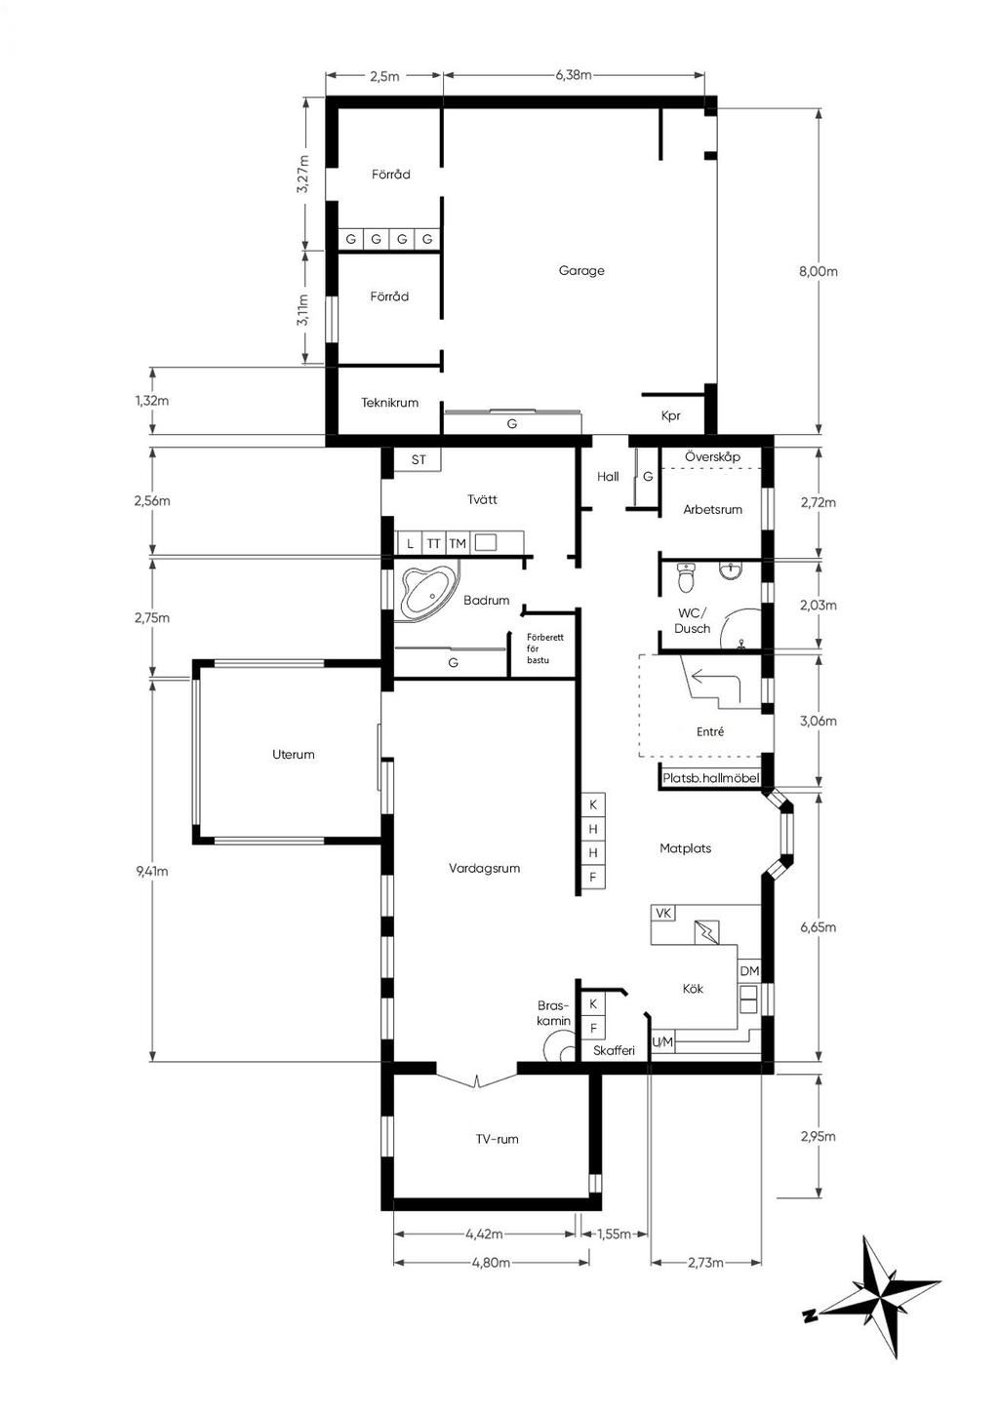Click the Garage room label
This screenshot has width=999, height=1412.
pyautogui.click(x=580, y=270)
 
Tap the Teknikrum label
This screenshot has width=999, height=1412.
pyautogui.click(x=390, y=402)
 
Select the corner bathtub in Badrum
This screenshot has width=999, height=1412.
pyautogui.click(x=427, y=590)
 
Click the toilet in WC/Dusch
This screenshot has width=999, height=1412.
pyautogui.click(x=684, y=576)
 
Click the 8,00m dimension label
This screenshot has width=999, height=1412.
pyautogui.click(x=818, y=272)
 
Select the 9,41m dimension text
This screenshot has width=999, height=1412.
pyautogui.click(x=152, y=871)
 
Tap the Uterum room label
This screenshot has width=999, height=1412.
pyautogui.click(x=294, y=754)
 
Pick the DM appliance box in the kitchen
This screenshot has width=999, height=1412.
pyautogui.click(x=749, y=971)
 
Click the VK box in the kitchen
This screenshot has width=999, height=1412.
pyautogui.click(x=662, y=913)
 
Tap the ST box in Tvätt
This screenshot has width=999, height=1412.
pyautogui.click(x=418, y=459)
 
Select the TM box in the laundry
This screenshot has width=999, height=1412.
pyautogui.click(x=458, y=543)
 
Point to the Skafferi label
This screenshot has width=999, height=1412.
pyautogui.click(x=614, y=1051)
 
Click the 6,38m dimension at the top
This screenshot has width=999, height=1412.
pyautogui.click(x=574, y=75)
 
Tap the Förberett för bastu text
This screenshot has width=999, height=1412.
pyautogui.click(x=545, y=648)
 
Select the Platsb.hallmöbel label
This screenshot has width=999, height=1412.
pyautogui.click(x=710, y=778)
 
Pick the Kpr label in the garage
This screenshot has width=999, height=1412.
pyautogui.click(x=670, y=415)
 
